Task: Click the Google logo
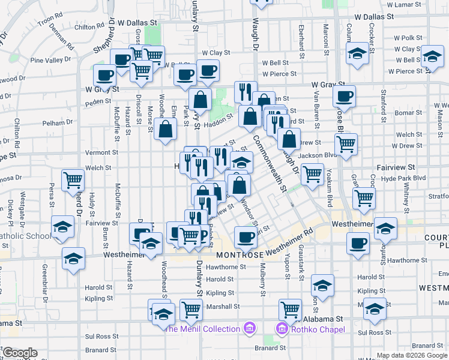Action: coord(20,353)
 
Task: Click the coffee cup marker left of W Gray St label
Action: coord(104,76)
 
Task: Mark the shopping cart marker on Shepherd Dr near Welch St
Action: coord(73,179)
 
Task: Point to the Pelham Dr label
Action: coord(58,122)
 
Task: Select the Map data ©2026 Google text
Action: coord(411,355)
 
